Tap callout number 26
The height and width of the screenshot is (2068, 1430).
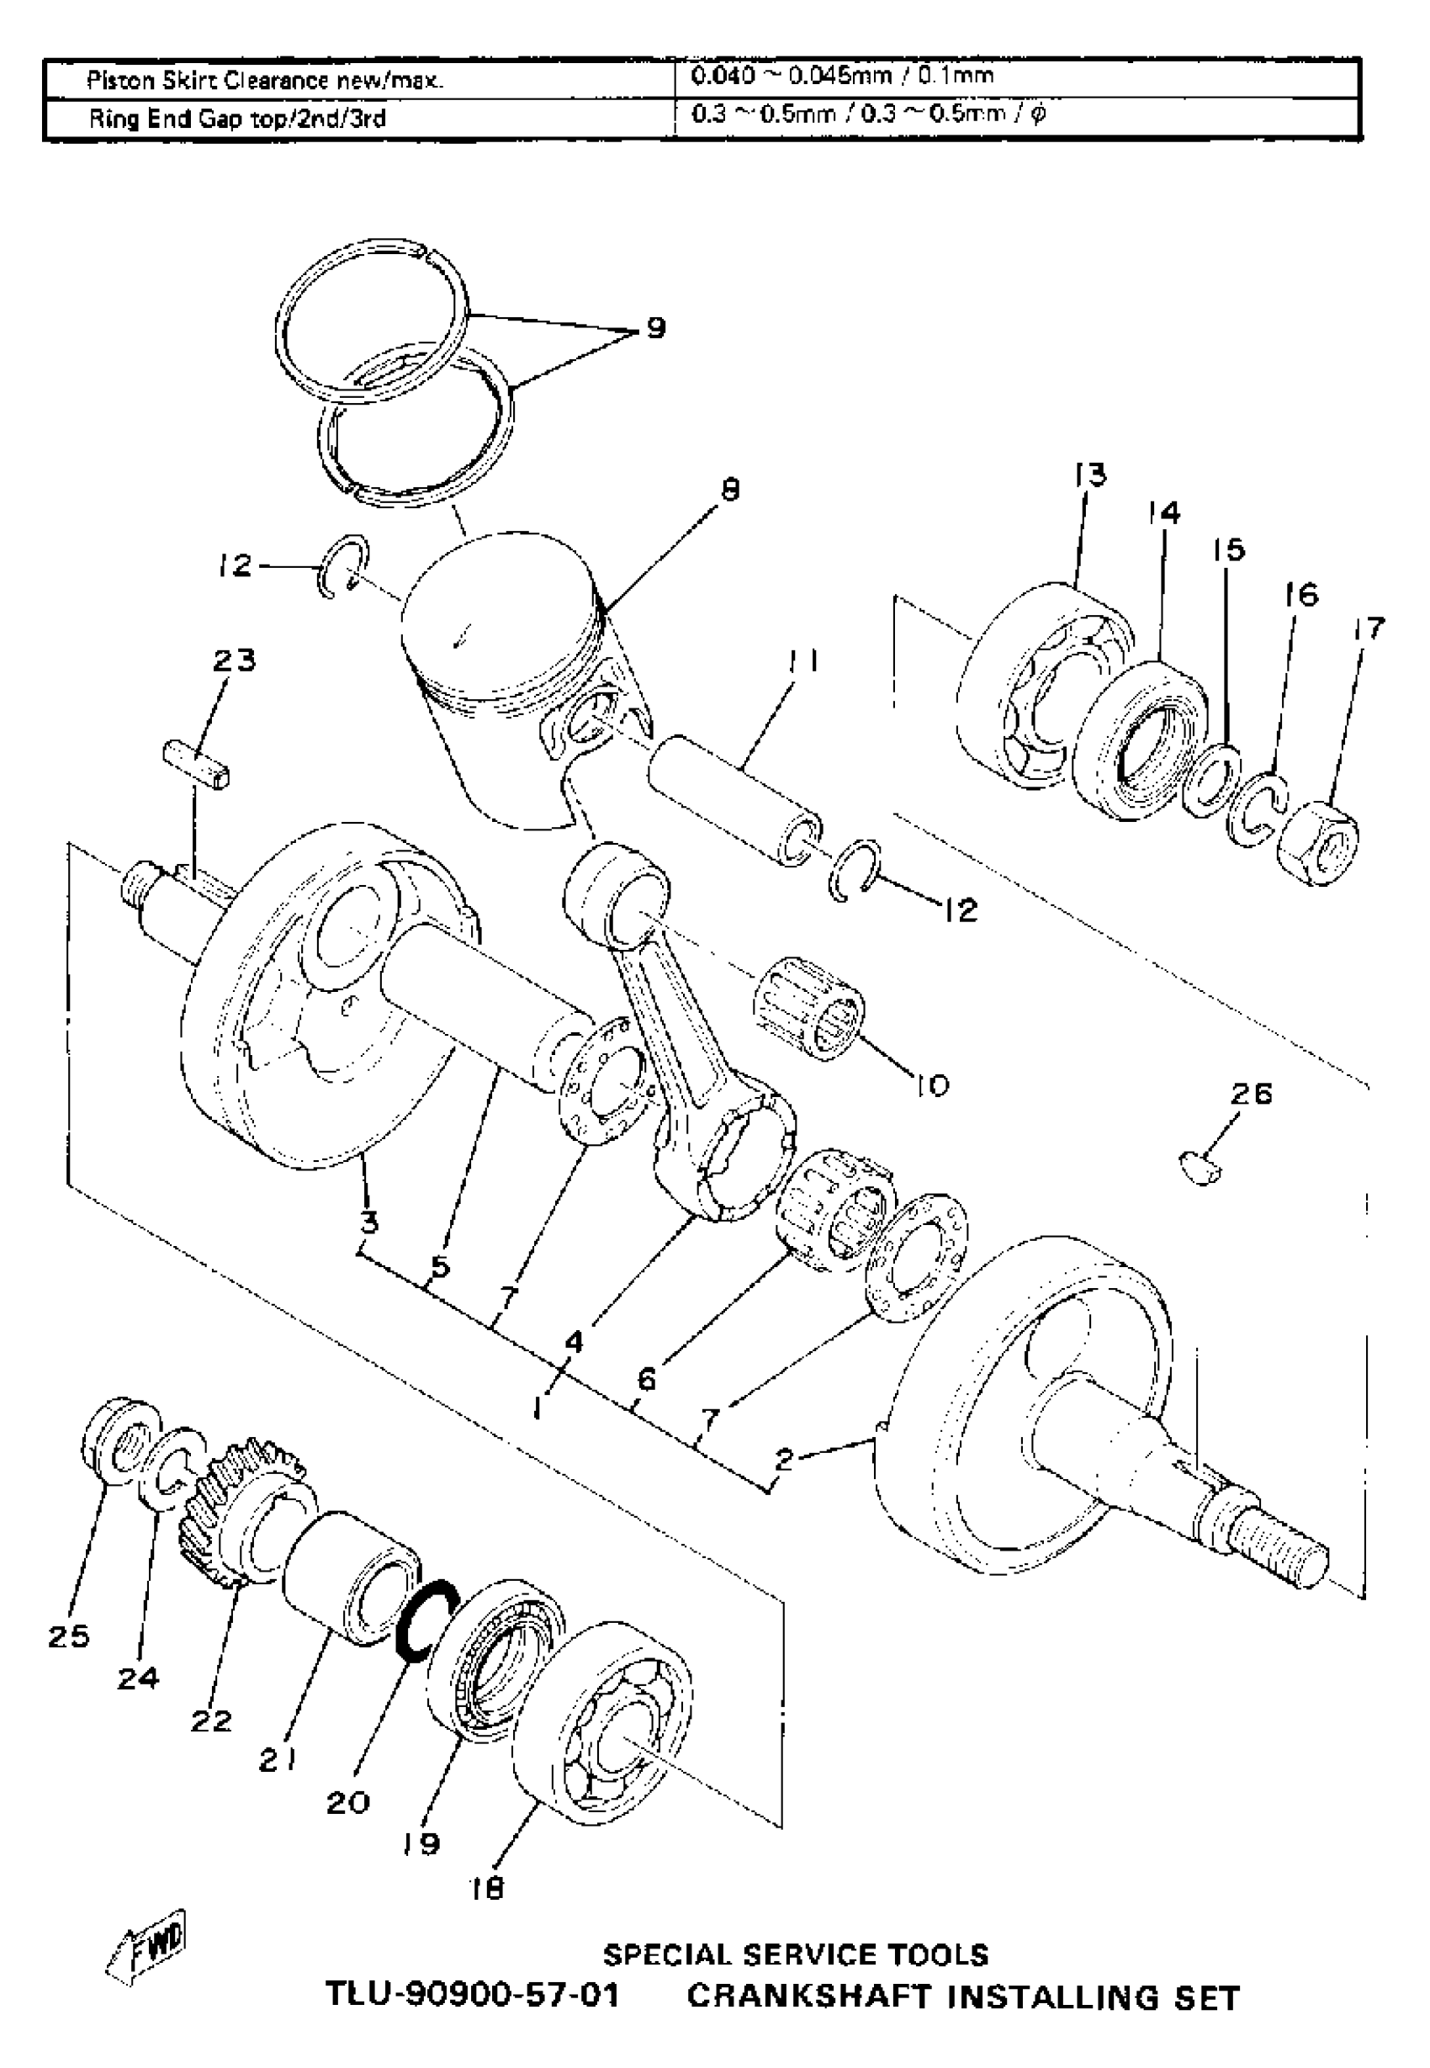pyautogui.click(x=1251, y=1094)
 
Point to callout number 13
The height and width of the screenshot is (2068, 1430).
pyautogui.click(x=1090, y=474)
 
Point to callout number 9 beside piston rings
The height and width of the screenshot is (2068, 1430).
pyautogui.click(x=656, y=329)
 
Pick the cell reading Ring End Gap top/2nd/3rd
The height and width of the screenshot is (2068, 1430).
pyautogui.click(x=237, y=119)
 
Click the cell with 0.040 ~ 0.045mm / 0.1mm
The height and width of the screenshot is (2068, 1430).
pyautogui.click(x=842, y=77)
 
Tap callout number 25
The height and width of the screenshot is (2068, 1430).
pyautogui.click(x=69, y=1637)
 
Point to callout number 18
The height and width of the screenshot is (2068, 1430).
pyautogui.click(x=487, y=1888)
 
